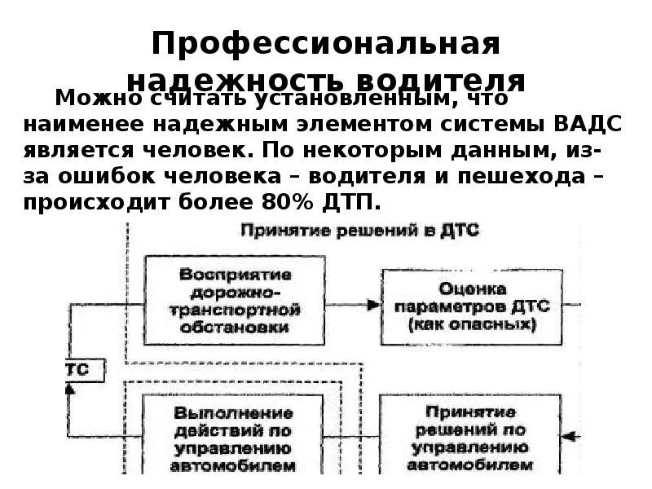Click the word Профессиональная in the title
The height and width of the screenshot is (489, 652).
click(326, 44)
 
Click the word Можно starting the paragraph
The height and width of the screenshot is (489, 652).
click(90, 99)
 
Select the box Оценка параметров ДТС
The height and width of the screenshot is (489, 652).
click(472, 306)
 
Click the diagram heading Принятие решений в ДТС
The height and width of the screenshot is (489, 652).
click(359, 231)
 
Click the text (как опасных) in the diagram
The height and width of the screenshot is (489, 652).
click(472, 324)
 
